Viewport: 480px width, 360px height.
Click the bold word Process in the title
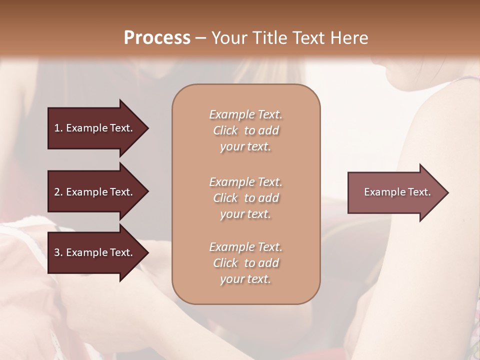tap(157, 37)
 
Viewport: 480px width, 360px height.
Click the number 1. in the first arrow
tap(59, 128)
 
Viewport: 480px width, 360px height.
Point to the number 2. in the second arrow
tap(59, 192)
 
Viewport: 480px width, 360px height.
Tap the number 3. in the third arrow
tap(59, 252)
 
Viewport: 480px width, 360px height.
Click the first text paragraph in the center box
tap(245, 130)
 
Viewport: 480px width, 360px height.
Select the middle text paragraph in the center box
tap(245, 198)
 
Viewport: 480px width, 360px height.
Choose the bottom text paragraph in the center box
tap(245, 263)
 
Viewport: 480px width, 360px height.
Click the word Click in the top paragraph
tap(225, 130)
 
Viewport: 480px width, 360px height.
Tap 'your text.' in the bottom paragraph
tap(245, 279)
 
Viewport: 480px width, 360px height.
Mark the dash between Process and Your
tap(200, 38)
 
